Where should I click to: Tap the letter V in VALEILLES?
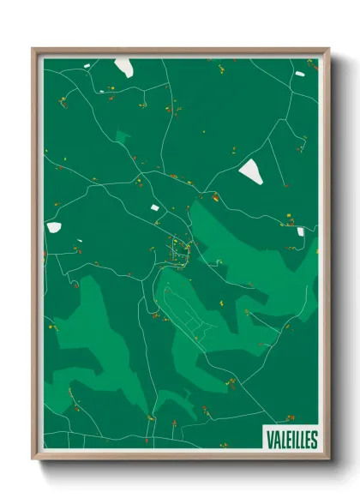pyautogui.click(x=268, y=439)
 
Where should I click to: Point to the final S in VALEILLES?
pyautogui.click(x=314, y=439)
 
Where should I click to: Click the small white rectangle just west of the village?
pyautogui.click(x=155, y=207)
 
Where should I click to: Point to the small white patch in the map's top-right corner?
pyautogui.click(x=299, y=74)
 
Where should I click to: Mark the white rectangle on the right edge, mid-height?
pyautogui.click(x=301, y=231)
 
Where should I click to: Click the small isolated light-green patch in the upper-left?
pyautogui.click(x=123, y=136)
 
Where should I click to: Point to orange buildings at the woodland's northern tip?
pyautogui.click(x=215, y=197)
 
